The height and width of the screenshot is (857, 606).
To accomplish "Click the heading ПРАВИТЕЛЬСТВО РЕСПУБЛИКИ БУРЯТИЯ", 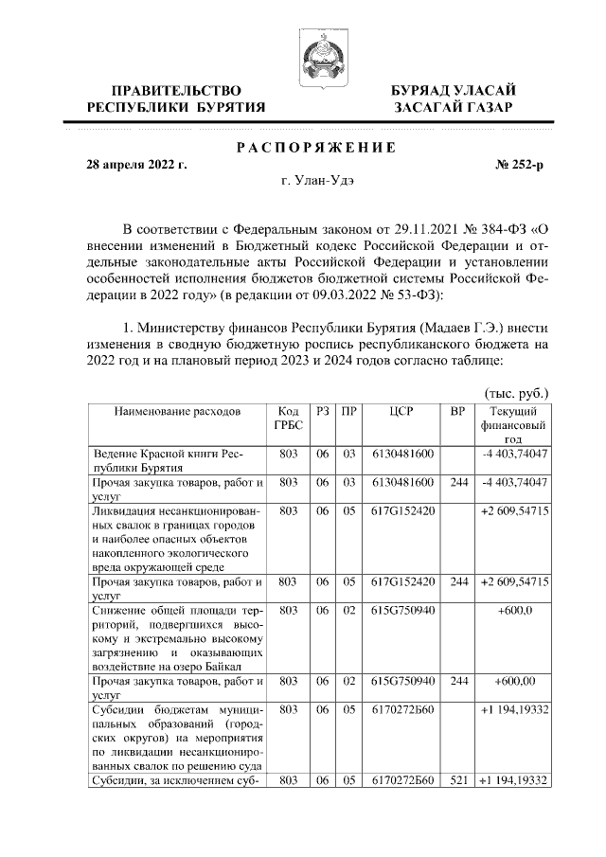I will pyautogui.click(x=176, y=98).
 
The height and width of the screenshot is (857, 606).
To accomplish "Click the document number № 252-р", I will pyautogui.click(x=520, y=165).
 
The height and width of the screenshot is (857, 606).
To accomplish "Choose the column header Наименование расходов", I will pyautogui.click(x=178, y=412).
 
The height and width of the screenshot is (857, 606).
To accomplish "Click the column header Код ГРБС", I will pyautogui.click(x=289, y=419).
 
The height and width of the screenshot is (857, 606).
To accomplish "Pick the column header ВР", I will pyautogui.click(x=459, y=412).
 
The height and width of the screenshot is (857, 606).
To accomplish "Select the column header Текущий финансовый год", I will pyautogui.click(x=513, y=425).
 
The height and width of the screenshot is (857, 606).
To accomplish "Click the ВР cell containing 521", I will pyautogui.click(x=459, y=780).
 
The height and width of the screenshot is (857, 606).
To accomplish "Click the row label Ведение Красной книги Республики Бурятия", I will pyautogui.click(x=153, y=461).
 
